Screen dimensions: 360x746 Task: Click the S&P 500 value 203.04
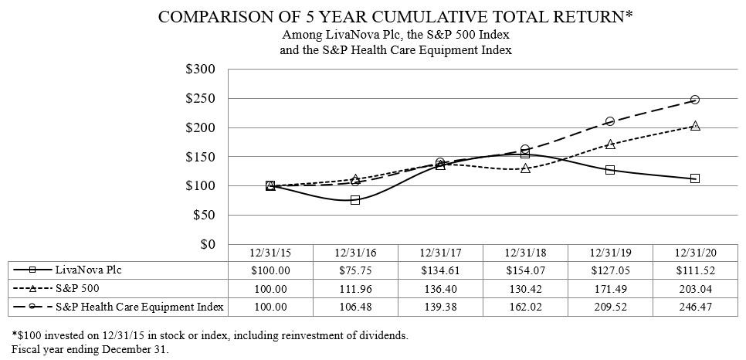point(694,288)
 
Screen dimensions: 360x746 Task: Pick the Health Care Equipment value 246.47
point(694,307)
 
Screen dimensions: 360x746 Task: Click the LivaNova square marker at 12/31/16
point(355,199)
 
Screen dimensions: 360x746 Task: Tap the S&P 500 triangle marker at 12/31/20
point(695,126)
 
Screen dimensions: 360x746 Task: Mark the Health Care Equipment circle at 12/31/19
point(610,121)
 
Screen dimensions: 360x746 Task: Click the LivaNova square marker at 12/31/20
point(695,178)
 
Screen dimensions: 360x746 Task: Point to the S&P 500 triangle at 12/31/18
point(525,168)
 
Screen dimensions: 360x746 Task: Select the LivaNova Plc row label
point(89,270)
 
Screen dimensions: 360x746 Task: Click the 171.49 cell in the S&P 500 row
point(609,288)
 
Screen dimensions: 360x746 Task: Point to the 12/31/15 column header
point(270,252)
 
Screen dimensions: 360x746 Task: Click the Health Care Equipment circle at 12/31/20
point(695,100)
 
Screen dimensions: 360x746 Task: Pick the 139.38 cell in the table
point(439,307)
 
